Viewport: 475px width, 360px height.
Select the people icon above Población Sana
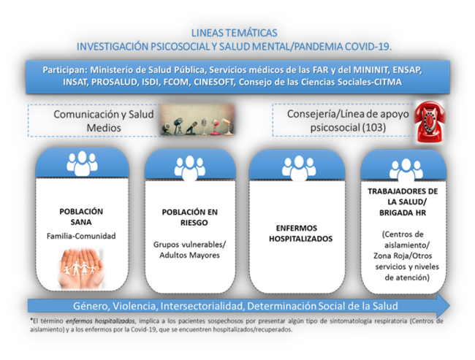[x=82, y=164]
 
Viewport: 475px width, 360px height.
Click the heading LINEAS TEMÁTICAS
[x=234, y=33]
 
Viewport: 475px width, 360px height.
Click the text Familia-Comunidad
[x=82, y=236]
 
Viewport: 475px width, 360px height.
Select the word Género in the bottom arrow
[x=91, y=306]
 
